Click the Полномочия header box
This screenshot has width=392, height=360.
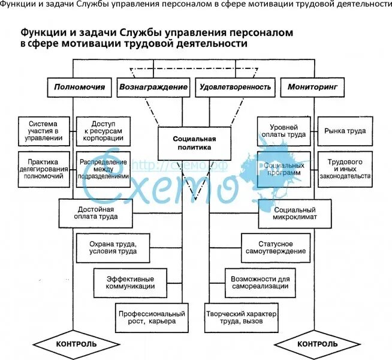click(x=79, y=87)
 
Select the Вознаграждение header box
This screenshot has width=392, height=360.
click(x=153, y=87)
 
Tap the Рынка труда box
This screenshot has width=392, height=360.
click(x=345, y=130)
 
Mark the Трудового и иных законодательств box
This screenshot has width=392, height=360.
click(x=345, y=169)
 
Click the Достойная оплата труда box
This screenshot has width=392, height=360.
click(x=96, y=212)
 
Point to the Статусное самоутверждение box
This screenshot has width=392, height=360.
click(x=276, y=247)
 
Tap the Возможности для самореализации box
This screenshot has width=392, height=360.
click(x=260, y=282)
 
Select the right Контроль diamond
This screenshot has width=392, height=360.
click(x=317, y=344)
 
